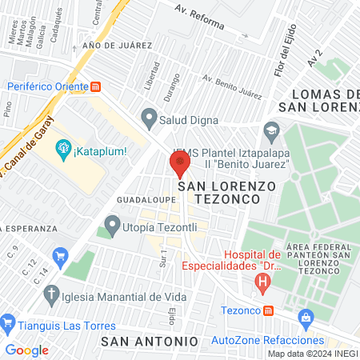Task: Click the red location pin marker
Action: click(179, 162)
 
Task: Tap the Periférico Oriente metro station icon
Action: click(96, 86)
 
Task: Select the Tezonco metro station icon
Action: click(269, 310)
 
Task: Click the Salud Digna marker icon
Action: click(148, 118)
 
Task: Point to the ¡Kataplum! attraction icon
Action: click(64, 148)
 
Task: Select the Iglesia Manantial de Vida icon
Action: click(50, 301)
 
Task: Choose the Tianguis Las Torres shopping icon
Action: click(8, 325)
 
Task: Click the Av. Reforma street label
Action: click(200, 15)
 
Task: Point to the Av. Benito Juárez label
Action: click(232, 87)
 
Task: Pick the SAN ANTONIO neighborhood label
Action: click(150, 341)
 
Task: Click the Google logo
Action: click(26, 350)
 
